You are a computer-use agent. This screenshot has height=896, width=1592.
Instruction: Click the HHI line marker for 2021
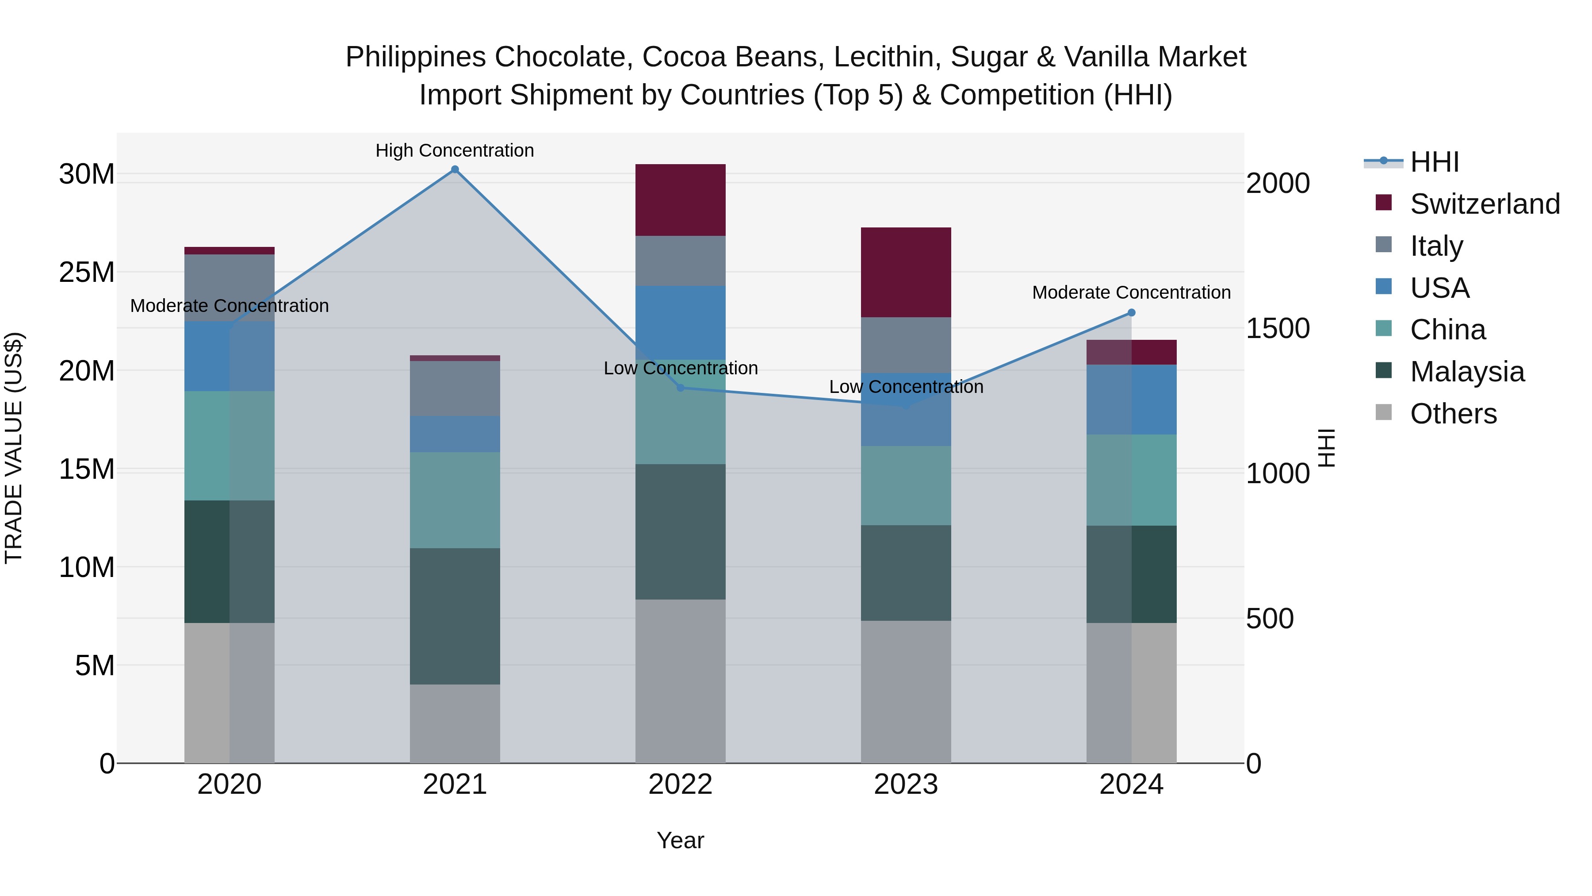[x=455, y=169]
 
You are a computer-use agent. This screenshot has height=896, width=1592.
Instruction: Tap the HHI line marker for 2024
[x=1132, y=313]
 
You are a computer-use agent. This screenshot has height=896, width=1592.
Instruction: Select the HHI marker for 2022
[x=681, y=388]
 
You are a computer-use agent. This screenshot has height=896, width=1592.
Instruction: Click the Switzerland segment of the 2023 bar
[x=906, y=273]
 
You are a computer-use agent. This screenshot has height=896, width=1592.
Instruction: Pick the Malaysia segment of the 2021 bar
[x=455, y=616]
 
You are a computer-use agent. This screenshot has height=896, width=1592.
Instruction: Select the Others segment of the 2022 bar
[x=681, y=681]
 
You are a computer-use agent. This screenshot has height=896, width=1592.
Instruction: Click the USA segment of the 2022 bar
[x=681, y=323]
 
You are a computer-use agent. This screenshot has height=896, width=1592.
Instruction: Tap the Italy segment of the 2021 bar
[x=455, y=388]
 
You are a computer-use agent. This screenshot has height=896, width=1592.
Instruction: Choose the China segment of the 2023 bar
[x=906, y=485]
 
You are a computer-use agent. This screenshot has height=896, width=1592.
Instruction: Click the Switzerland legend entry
[x=1485, y=204]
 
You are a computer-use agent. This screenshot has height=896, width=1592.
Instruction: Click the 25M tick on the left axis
[x=87, y=273]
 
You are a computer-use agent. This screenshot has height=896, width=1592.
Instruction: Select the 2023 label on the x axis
[x=906, y=784]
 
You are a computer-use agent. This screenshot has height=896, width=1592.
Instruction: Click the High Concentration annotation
[x=455, y=150]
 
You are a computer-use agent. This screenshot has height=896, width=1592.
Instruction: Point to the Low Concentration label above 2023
[x=906, y=387]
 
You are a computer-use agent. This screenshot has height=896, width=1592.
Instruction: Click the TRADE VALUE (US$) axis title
[x=14, y=448]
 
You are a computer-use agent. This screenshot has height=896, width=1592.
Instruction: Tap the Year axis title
[x=681, y=840]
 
